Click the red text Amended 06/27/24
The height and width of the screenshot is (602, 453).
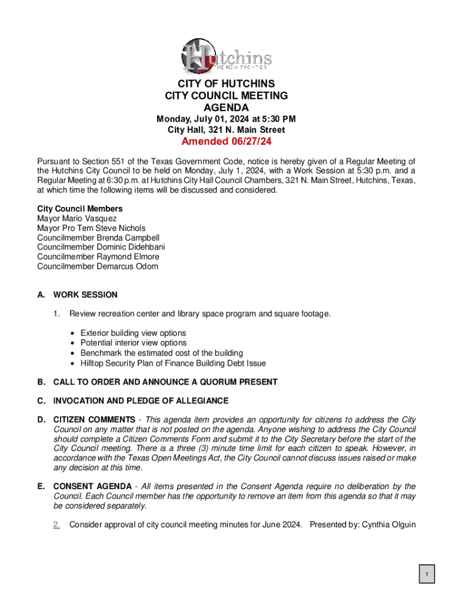(x=226, y=142)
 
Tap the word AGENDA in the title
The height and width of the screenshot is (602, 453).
(x=226, y=108)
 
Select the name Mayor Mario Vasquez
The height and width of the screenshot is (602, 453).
(x=77, y=218)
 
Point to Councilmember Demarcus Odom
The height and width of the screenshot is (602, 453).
(x=98, y=266)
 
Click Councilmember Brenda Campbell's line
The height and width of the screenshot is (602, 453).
(x=98, y=238)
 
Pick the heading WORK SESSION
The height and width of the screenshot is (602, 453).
(x=85, y=295)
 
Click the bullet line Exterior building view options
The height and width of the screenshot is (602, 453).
(x=133, y=333)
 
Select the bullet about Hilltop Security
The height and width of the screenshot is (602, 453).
(x=173, y=363)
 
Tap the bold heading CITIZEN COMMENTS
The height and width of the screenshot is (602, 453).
(x=94, y=420)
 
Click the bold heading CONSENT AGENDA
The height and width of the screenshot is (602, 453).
(x=92, y=486)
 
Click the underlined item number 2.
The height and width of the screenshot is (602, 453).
(x=56, y=524)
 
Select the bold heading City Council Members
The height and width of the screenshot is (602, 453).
(x=80, y=209)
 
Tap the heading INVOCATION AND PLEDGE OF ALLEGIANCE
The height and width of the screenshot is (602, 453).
(x=141, y=401)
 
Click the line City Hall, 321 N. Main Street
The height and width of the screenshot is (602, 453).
(x=226, y=130)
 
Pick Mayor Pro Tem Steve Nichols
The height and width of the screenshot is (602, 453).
(x=91, y=228)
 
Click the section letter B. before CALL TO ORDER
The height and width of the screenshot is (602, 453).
(x=41, y=382)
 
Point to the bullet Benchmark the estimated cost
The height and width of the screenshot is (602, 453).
(x=161, y=353)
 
